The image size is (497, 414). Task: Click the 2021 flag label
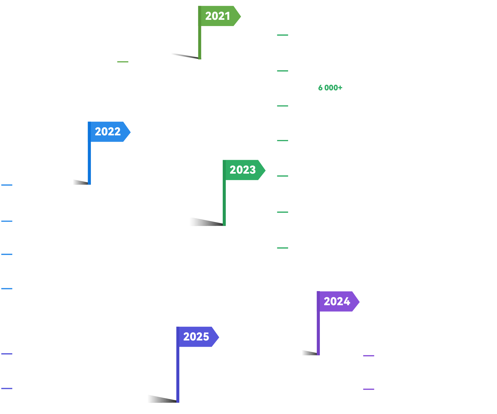pyautogui.click(x=218, y=16)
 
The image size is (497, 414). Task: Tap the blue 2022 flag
pyautogui.click(x=108, y=132)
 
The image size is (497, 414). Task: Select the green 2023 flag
pyautogui.click(x=243, y=170)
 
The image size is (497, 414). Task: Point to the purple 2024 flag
pyautogui.click(x=337, y=301)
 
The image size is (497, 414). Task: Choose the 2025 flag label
pyautogui.click(x=196, y=337)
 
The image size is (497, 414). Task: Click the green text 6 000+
pyautogui.click(x=330, y=88)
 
